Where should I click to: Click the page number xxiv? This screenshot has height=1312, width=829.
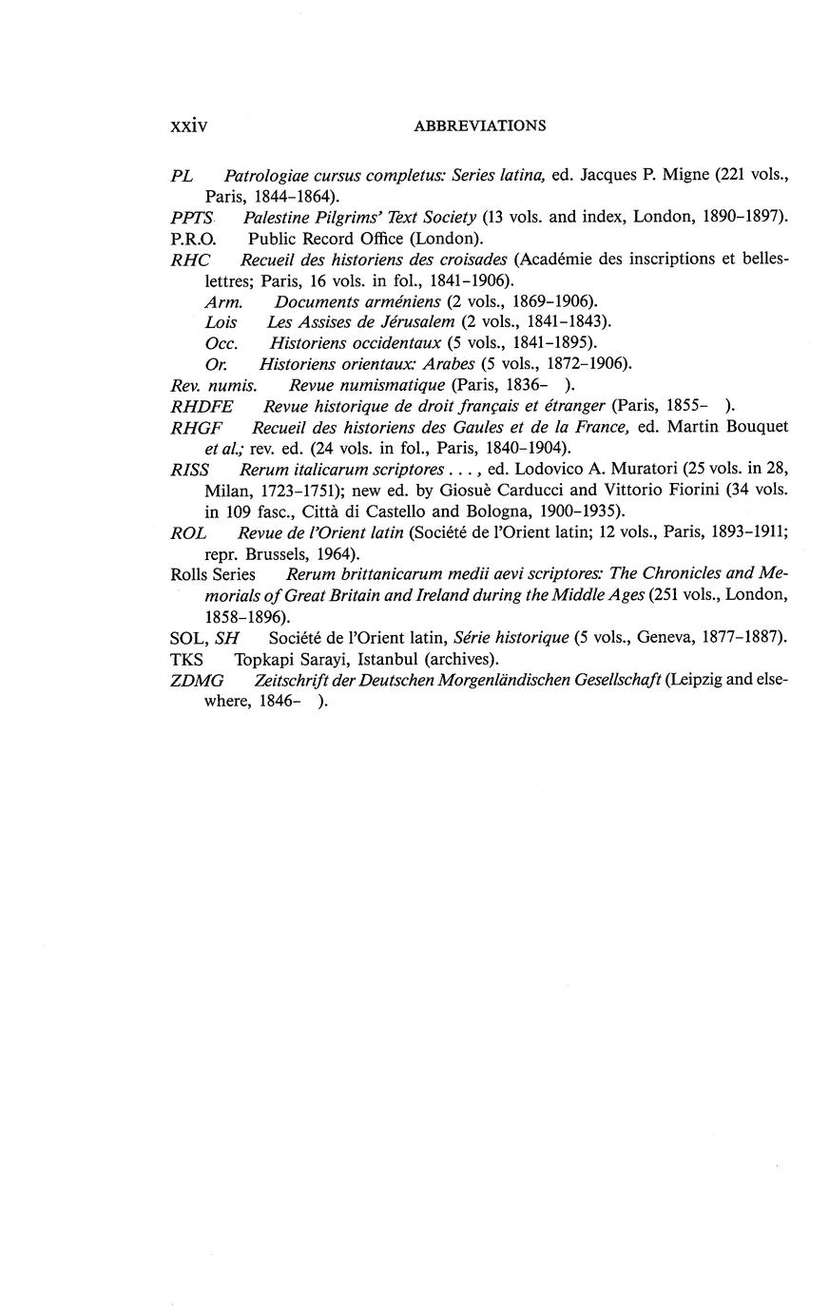click(x=188, y=125)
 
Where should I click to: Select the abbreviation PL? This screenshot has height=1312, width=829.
click(x=182, y=176)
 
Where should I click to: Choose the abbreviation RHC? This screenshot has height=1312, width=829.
click(x=190, y=260)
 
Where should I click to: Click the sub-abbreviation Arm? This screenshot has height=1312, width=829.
click(x=224, y=301)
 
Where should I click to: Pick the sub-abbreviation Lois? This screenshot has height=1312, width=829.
click(x=222, y=322)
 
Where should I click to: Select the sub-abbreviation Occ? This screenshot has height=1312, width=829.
click(x=222, y=342)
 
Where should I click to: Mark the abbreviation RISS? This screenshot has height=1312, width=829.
click(x=190, y=470)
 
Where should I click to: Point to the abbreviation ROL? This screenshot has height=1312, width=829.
click(x=188, y=532)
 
